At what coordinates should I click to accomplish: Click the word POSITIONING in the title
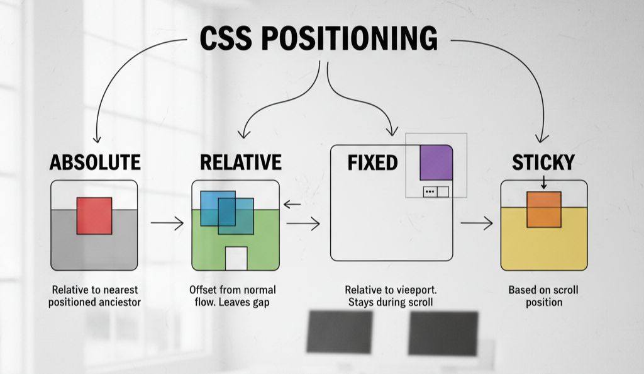[348, 38]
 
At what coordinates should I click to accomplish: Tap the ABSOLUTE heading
[95, 162]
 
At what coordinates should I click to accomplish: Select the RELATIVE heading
[240, 162]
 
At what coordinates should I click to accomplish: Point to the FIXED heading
[372, 162]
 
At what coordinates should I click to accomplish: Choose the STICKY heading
[543, 162]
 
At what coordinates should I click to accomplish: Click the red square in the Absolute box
[94, 215]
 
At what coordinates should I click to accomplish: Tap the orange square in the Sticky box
[544, 209]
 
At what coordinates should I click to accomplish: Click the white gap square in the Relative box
[236, 258]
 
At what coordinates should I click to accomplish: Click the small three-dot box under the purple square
[430, 191]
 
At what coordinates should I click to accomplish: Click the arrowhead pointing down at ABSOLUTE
[96, 139]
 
